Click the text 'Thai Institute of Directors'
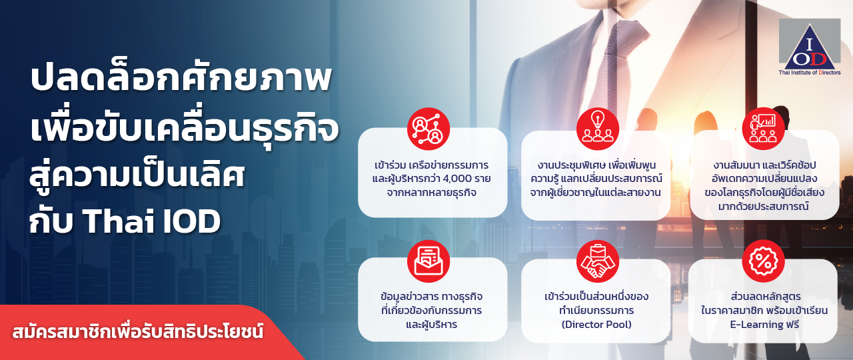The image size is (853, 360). pos(810,73)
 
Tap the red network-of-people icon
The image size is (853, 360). pos(428,129)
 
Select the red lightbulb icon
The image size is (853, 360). pos(598,129)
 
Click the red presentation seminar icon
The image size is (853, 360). pos(763,129)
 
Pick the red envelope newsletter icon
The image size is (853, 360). pos(428,261)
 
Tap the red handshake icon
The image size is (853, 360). pos(598,261)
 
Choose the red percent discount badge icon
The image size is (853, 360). pos(763,261)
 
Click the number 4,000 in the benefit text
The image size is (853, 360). pos(454,179)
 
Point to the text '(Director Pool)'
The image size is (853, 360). pos(596,325)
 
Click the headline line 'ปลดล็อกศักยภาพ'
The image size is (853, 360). pos(181,79)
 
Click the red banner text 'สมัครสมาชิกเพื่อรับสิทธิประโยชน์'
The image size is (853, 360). pos(138,331)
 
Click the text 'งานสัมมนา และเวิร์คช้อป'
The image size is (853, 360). pos(764,165)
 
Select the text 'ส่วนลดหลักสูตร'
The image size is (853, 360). pos(764,297)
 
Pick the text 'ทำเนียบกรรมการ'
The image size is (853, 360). pos(596,311)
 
